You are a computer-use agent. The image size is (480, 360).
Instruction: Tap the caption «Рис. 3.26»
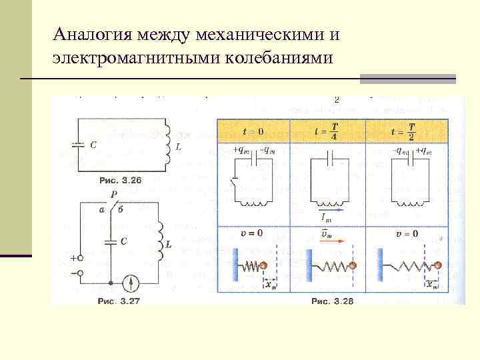click(121, 180)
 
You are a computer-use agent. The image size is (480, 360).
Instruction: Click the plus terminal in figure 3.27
click(81, 257)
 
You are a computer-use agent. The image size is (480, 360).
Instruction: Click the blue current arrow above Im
click(329, 209)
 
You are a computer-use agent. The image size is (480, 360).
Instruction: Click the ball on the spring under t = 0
click(265, 265)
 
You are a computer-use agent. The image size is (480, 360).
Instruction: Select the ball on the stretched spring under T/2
click(437, 265)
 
